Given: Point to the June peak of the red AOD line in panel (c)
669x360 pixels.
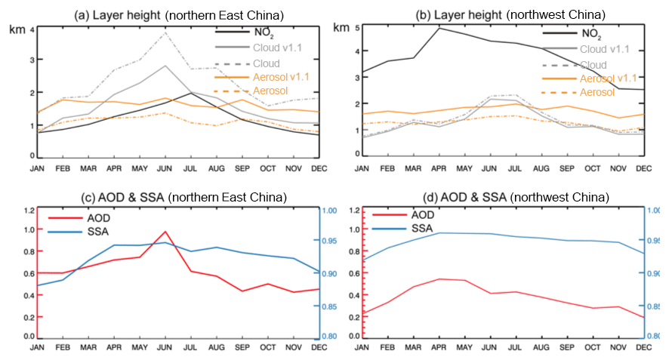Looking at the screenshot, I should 165,232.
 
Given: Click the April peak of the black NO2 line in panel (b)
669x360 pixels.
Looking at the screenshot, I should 439,28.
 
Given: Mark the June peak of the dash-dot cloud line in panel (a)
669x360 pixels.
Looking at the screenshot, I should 165,32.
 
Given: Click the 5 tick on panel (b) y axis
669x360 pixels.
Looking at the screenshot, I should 355,31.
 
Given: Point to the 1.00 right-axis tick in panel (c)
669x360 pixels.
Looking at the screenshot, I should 331,210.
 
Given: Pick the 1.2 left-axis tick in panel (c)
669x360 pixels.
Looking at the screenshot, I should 29,210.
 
